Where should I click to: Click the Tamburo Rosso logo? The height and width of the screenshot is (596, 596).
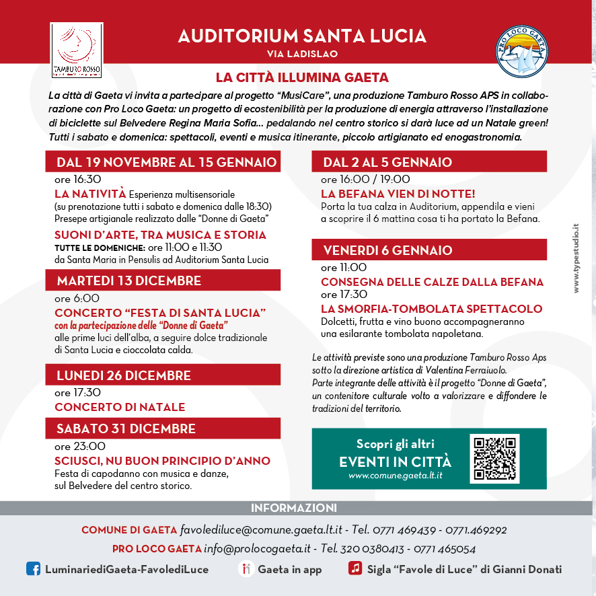coord(76,50)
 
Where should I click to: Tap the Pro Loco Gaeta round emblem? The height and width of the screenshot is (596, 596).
coord(521,51)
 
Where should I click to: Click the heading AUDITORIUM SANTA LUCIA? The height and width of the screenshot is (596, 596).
coord(302,36)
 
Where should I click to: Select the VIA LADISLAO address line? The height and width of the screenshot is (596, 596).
coord(302,54)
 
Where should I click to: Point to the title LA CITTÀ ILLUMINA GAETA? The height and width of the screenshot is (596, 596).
coord(302,77)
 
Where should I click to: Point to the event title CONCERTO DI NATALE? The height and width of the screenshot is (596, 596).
coord(120,407)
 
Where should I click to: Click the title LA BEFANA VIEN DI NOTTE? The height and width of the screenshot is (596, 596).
coord(398,194)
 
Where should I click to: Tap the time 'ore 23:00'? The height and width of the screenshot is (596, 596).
coord(80,446)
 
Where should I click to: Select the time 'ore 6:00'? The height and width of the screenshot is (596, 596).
coord(77,298)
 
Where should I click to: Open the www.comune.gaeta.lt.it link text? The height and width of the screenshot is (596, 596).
coord(395,476)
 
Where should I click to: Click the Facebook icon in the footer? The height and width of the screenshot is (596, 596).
coord(33,569)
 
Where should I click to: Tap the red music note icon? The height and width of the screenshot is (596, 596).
coord(355,568)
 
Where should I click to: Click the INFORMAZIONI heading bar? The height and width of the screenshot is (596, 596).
coord(294,508)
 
